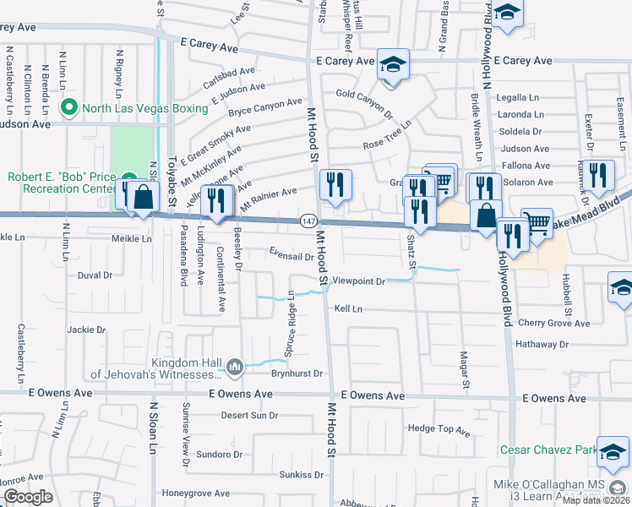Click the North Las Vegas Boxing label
pos(144,108)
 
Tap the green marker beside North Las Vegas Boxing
pos(69,108)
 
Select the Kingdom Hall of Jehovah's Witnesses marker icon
pos(235,366)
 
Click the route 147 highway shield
pos(308,221)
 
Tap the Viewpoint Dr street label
pos(358,281)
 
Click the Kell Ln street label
pos(347,309)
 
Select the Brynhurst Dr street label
pos(297,373)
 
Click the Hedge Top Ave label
pos(439,430)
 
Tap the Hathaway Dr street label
pos(542,344)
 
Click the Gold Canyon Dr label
pos(365,101)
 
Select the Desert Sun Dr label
pos(249,415)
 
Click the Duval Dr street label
pos(95,275)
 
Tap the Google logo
pos(29,496)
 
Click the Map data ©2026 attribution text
pos(596,500)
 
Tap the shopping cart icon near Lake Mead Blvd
pos(537,222)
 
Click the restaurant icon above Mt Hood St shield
pos(335,184)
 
